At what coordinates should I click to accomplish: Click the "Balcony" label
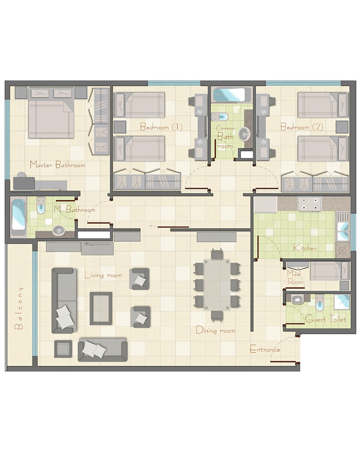click(19, 308)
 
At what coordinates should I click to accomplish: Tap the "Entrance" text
click(265, 349)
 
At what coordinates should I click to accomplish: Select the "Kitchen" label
click(305, 247)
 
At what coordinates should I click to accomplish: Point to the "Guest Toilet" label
click(325, 319)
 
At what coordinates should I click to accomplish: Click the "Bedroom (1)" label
click(161, 126)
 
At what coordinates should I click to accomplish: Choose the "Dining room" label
click(215, 330)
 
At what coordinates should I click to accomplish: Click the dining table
click(217, 285)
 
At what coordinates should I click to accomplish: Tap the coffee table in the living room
click(101, 309)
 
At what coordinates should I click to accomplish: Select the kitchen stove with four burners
click(310, 204)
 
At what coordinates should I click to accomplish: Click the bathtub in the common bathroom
click(229, 95)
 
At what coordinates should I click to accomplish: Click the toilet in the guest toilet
click(319, 303)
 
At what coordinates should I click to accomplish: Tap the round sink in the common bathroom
click(245, 133)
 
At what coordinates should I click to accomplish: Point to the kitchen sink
click(343, 231)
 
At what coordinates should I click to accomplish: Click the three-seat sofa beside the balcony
click(64, 301)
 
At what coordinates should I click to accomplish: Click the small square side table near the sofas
click(63, 349)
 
